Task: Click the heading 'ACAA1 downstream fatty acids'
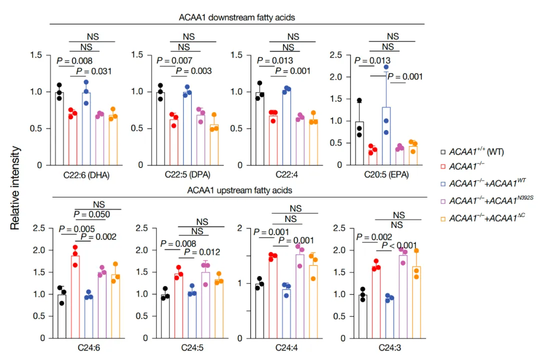click(237, 17)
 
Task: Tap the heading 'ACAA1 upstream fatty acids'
click(237, 190)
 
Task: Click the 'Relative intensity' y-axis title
click(15, 187)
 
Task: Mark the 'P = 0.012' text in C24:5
click(199, 252)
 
